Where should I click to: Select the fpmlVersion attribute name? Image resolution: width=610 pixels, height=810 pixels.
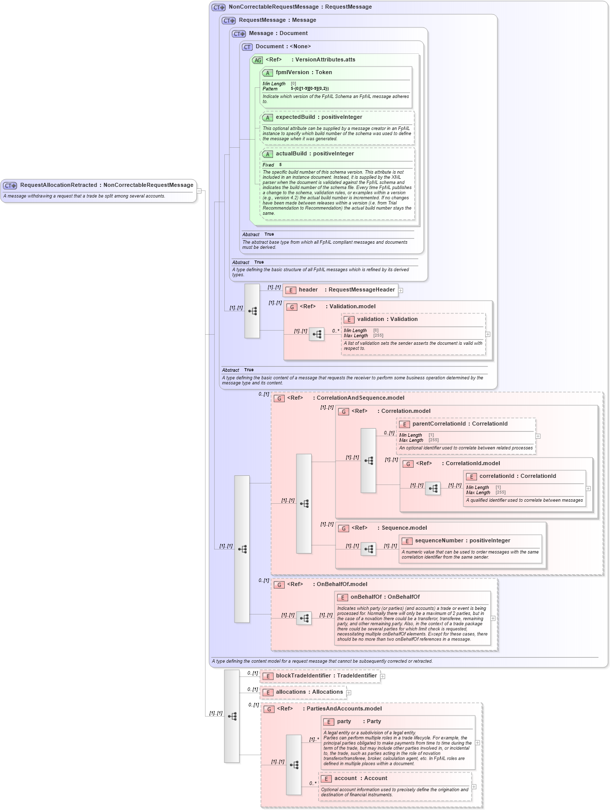292,73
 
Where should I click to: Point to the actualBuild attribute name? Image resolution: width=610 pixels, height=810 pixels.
291,154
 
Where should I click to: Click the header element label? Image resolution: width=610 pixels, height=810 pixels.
308,290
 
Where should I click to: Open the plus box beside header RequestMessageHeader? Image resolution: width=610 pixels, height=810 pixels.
400,290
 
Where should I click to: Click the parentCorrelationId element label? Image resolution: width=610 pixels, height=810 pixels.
439,424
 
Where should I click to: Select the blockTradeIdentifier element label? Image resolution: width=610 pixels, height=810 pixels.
303,676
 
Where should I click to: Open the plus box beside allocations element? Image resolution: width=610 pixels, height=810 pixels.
349,692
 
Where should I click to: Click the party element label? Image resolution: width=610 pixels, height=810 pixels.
344,722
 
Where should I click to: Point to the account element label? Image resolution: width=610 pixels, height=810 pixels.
346,779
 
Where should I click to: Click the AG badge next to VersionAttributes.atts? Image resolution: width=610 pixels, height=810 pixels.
258,60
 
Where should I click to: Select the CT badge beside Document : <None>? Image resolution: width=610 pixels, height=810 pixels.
247,47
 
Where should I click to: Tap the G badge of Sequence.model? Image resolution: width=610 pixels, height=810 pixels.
344,528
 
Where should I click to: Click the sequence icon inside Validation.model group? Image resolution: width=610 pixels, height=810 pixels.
317,334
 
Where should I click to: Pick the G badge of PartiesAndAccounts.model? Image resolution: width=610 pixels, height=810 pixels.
269,709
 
